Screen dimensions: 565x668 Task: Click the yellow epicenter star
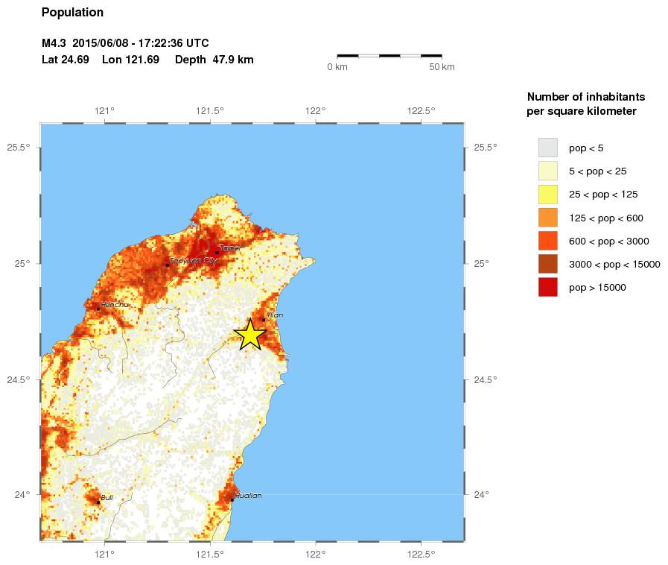(250, 335)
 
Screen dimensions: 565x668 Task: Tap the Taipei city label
(230, 248)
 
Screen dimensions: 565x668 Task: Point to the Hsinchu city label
(114, 305)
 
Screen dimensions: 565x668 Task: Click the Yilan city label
(274, 315)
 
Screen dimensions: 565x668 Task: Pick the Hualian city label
(248, 496)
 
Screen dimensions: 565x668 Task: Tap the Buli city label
(106, 497)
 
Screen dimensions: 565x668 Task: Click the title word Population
(72, 13)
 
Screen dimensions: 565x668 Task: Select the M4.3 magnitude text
(54, 43)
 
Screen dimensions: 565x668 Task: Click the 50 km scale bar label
(442, 67)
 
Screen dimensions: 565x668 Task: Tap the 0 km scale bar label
(337, 67)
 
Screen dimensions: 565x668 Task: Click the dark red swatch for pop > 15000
(547, 287)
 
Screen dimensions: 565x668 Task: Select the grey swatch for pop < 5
(547, 148)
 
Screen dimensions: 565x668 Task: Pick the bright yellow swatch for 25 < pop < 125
(547, 194)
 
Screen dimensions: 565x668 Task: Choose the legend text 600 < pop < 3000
(609, 241)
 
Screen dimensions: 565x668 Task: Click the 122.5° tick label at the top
(422, 111)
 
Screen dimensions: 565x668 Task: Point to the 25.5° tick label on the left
(18, 147)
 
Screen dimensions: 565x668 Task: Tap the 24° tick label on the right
(481, 495)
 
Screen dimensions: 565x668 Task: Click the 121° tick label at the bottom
(104, 554)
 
